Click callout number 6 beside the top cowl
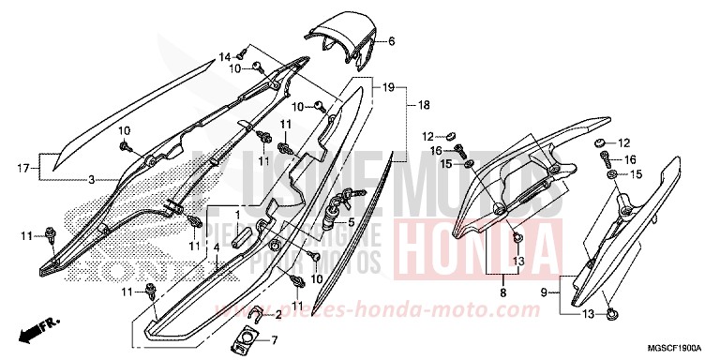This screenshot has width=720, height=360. coord(392,41)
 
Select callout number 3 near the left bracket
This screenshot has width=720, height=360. coord(91,178)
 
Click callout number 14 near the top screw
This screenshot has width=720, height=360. coord(225,57)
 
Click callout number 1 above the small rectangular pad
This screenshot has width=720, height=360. coord(239,214)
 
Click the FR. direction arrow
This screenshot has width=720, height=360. coord(36,329)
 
